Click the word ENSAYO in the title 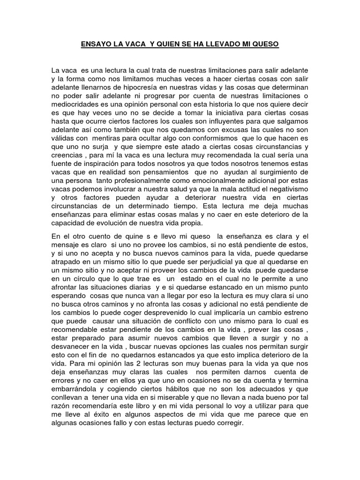point(93,45)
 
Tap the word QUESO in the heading point(266,45)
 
